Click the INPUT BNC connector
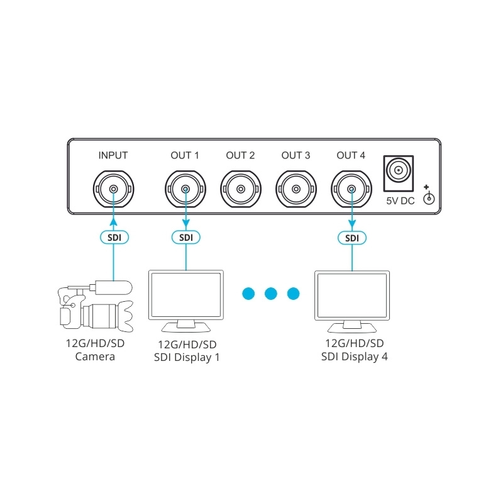(113, 188)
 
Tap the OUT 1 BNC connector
(185, 188)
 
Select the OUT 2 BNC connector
(241, 188)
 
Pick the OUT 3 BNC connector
(296, 188)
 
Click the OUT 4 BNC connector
(351, 188)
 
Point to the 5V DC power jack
(399, 171)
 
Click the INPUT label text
(113, 155)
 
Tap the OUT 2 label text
(241, 155)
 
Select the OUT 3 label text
(296, 155)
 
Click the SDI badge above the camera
(114, 237)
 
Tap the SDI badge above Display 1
(185, 237)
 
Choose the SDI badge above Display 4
(351, 237)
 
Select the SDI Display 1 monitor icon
(185, 300)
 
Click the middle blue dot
(271, 293)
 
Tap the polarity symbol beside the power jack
(429, 197)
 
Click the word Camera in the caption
(95, 357)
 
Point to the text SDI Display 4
(355, 357)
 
